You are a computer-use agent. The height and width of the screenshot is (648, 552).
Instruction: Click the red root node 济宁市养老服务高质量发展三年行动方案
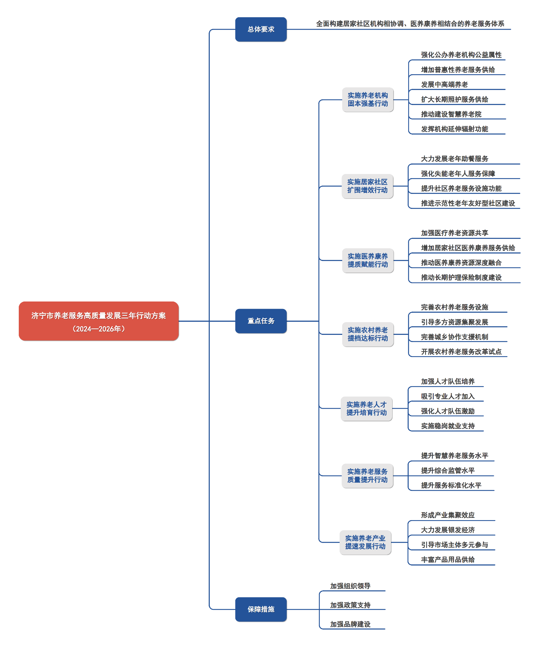tap(99, 321)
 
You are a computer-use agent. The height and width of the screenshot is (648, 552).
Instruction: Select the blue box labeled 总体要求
tap(261, 29)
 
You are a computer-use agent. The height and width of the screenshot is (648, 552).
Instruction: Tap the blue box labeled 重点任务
tap(261, 321)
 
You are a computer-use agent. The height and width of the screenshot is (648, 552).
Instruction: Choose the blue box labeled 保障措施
tap(261, 609)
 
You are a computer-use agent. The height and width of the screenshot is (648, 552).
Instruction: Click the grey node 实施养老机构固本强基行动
tap(368, 100)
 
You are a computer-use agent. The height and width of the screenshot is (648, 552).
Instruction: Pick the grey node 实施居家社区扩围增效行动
tap(367, 186)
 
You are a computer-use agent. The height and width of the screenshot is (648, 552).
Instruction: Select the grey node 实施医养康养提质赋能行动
tap(368, 260)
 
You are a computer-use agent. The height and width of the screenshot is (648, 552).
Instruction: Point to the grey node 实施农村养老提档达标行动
tap(368, 334)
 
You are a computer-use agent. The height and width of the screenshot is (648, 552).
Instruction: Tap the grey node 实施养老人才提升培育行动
tap(367, 409)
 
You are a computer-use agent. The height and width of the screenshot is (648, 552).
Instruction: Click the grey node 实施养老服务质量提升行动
tap(367, 476)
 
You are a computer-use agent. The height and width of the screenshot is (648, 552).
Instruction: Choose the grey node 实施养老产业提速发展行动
tap(365, 542)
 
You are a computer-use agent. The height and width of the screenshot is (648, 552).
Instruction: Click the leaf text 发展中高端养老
tap(444, 85)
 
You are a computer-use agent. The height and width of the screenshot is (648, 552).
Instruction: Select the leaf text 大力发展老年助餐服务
tap(454, 159)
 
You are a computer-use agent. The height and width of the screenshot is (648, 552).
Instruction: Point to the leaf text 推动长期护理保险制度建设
tap(461, 277)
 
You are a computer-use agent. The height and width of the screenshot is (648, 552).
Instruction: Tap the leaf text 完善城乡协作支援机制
tap(454, 337)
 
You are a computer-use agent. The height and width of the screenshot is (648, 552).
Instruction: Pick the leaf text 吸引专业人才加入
tap(448, 396)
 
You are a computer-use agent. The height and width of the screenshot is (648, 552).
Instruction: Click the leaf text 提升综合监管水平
tap(448, 471)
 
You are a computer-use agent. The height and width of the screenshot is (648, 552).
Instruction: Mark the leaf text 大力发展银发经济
tap(448, 530)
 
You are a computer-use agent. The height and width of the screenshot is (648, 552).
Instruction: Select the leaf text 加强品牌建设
tap(350, 624)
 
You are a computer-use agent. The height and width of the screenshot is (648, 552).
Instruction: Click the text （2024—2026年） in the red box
tap(99, 329)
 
